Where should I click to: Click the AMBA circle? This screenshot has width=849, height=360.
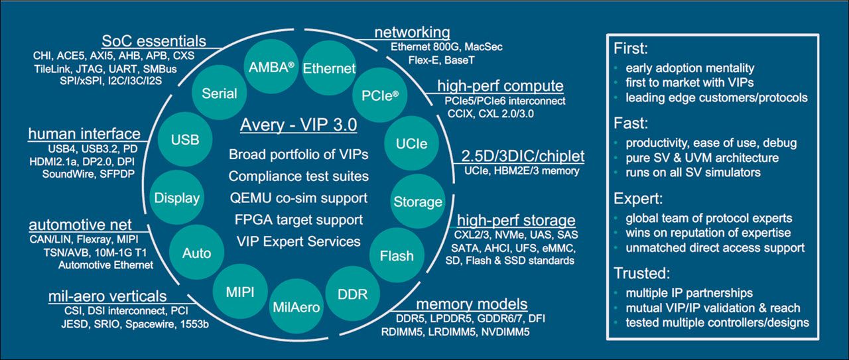click(271, 67)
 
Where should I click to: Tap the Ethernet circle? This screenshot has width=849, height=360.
click(329, 68)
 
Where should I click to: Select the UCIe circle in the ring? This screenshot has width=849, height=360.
click(411, 143)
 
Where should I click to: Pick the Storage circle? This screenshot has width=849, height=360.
click(418, 202)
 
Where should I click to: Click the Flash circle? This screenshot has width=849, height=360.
click(397, 255)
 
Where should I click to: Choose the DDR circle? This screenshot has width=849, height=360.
click(352, 294)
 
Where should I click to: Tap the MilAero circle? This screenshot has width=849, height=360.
click(296, 306)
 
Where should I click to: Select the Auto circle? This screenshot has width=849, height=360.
click(196, 253)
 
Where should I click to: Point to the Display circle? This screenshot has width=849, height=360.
click(177, 198)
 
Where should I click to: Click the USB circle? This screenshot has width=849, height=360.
click(185, 139)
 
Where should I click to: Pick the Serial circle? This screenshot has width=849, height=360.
click(220, 93)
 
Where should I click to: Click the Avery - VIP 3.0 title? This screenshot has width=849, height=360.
click(298, 125)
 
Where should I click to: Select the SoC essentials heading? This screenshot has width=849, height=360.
click(154, 41)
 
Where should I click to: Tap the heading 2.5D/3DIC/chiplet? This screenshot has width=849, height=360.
click(523, 156)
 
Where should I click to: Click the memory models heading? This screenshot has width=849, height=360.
click(472, 304)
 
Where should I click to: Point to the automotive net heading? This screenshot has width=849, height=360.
click(80, 225)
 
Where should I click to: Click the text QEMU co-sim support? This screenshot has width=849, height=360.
click(298, 198)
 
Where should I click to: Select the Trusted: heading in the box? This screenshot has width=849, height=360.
click(641, 273)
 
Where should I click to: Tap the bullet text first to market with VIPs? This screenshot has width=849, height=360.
click(689, 82)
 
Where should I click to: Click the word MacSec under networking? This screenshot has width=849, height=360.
click(484, 46)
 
